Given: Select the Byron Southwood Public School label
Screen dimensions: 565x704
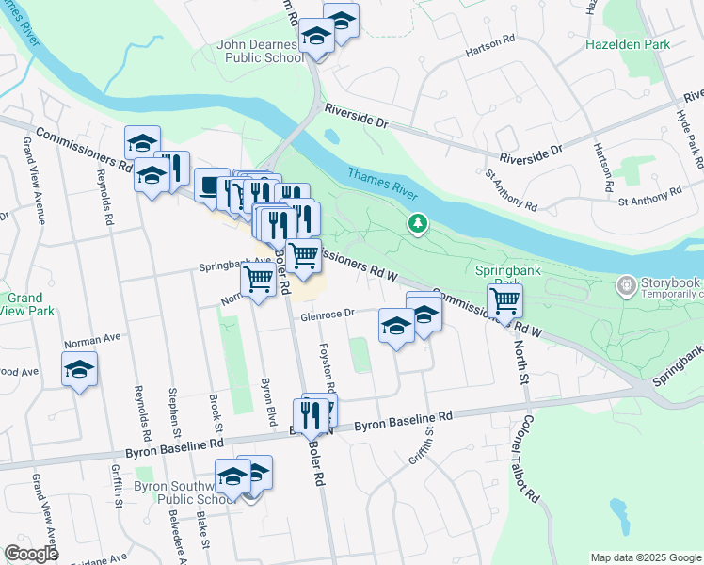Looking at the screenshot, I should click(x=184, y=492).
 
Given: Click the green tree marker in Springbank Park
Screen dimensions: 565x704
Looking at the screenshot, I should click(x=417, y=223).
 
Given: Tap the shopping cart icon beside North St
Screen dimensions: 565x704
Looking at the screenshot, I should click(x=504, y=300).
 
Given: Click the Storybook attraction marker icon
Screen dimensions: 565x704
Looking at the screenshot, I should click(x=627, y=283).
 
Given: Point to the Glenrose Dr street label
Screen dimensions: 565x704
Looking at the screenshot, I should click(x=327, y=316).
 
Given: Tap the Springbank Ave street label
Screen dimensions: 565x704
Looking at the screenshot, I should click(x=234, y=266).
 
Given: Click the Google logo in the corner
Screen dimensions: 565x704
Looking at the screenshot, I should click(x=31, y=554).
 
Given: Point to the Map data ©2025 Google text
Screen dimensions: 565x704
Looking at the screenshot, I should click(x=645, y=557).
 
